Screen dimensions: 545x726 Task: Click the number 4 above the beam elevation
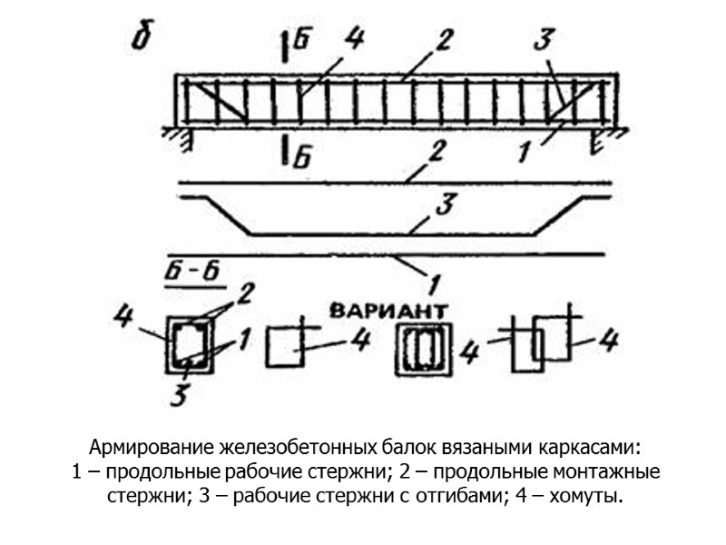pos(355,41)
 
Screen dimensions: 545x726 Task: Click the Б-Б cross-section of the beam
pos(190,346)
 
